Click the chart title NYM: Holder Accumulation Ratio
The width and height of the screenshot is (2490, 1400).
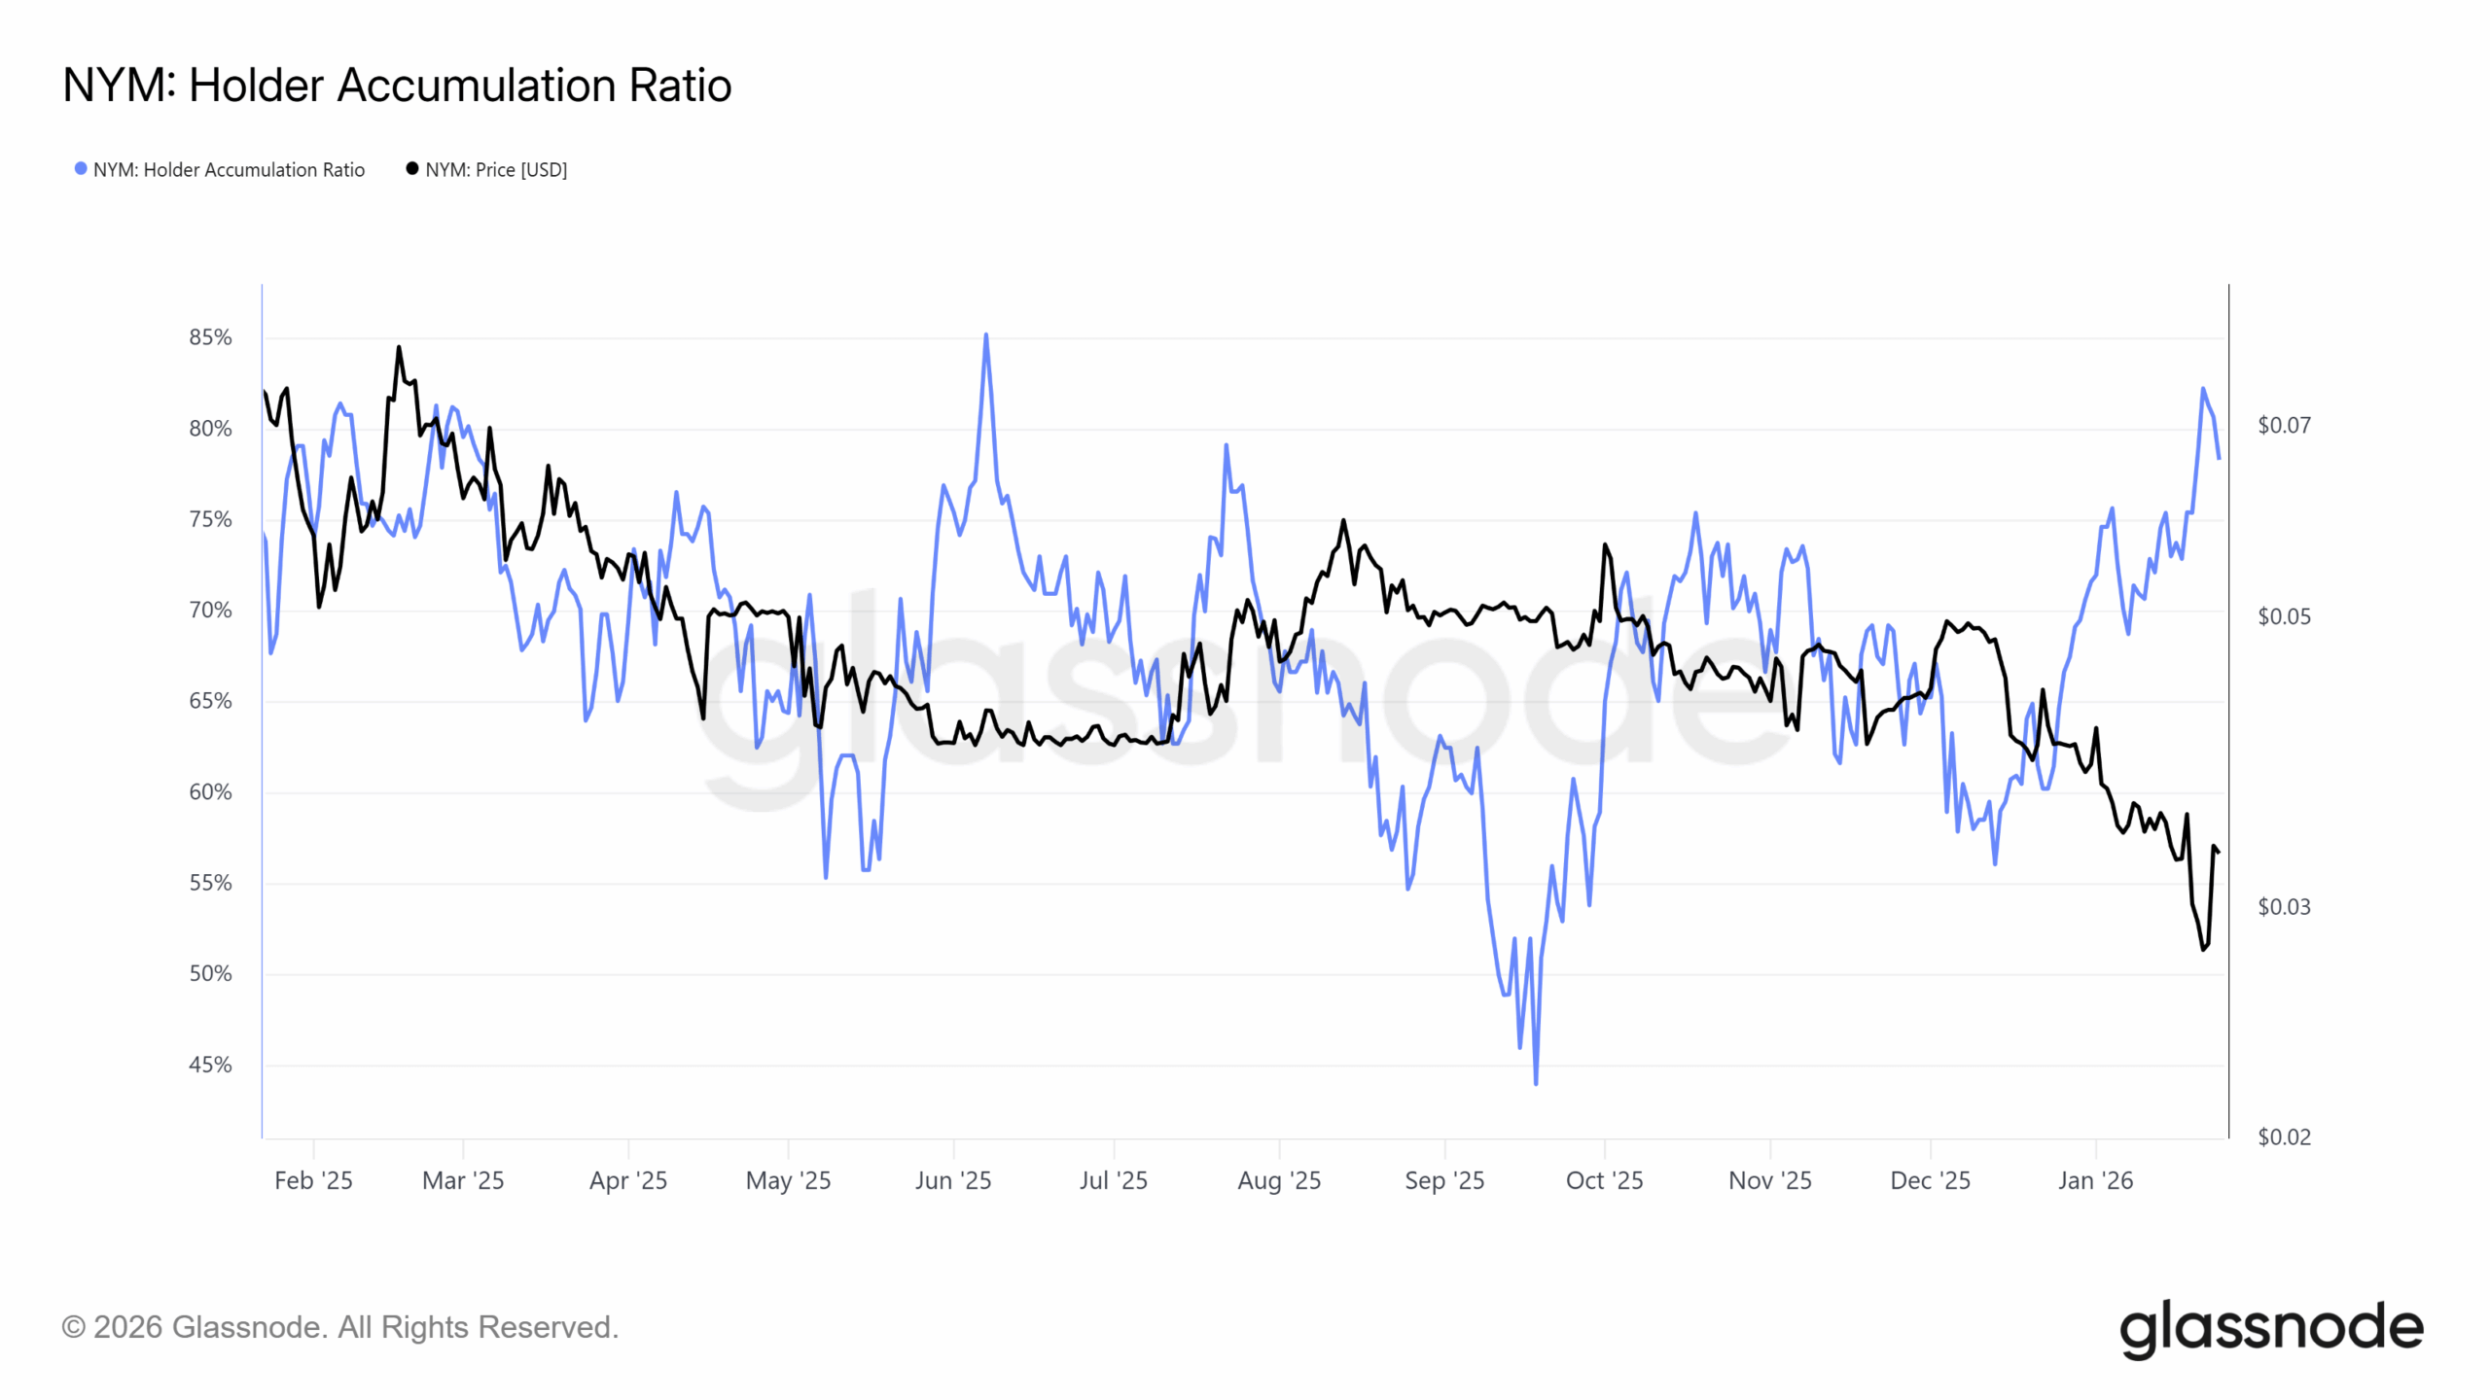[397, 86]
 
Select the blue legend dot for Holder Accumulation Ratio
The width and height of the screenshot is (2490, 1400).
[81, 169]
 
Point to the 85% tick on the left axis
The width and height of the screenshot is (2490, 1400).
[210, 337]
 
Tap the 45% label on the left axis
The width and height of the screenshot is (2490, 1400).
[210, 1065]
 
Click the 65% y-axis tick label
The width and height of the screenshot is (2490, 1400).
[210, 701]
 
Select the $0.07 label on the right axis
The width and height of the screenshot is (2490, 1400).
[2283, 425]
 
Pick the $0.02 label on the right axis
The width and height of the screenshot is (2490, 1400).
[2283, 1137]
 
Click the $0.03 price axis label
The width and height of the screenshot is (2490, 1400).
[2283, 907]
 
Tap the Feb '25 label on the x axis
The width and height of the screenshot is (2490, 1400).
[313, 1180]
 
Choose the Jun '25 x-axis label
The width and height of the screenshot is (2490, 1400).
[952, 1180]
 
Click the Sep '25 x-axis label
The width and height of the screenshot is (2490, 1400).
[1443, 1180]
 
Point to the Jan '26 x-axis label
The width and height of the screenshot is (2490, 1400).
[2095, 1180]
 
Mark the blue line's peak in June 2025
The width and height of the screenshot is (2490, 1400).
[986, 334]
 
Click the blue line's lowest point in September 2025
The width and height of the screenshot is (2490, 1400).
[1536, 1083]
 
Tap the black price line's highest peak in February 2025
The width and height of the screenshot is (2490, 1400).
[399, 347]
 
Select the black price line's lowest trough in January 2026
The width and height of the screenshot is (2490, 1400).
[2203, 949]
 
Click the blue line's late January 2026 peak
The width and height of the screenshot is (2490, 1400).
[2203, 389]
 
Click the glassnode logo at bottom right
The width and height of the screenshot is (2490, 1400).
[2270, 1328]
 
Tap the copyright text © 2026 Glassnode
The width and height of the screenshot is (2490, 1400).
[339, 1327]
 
